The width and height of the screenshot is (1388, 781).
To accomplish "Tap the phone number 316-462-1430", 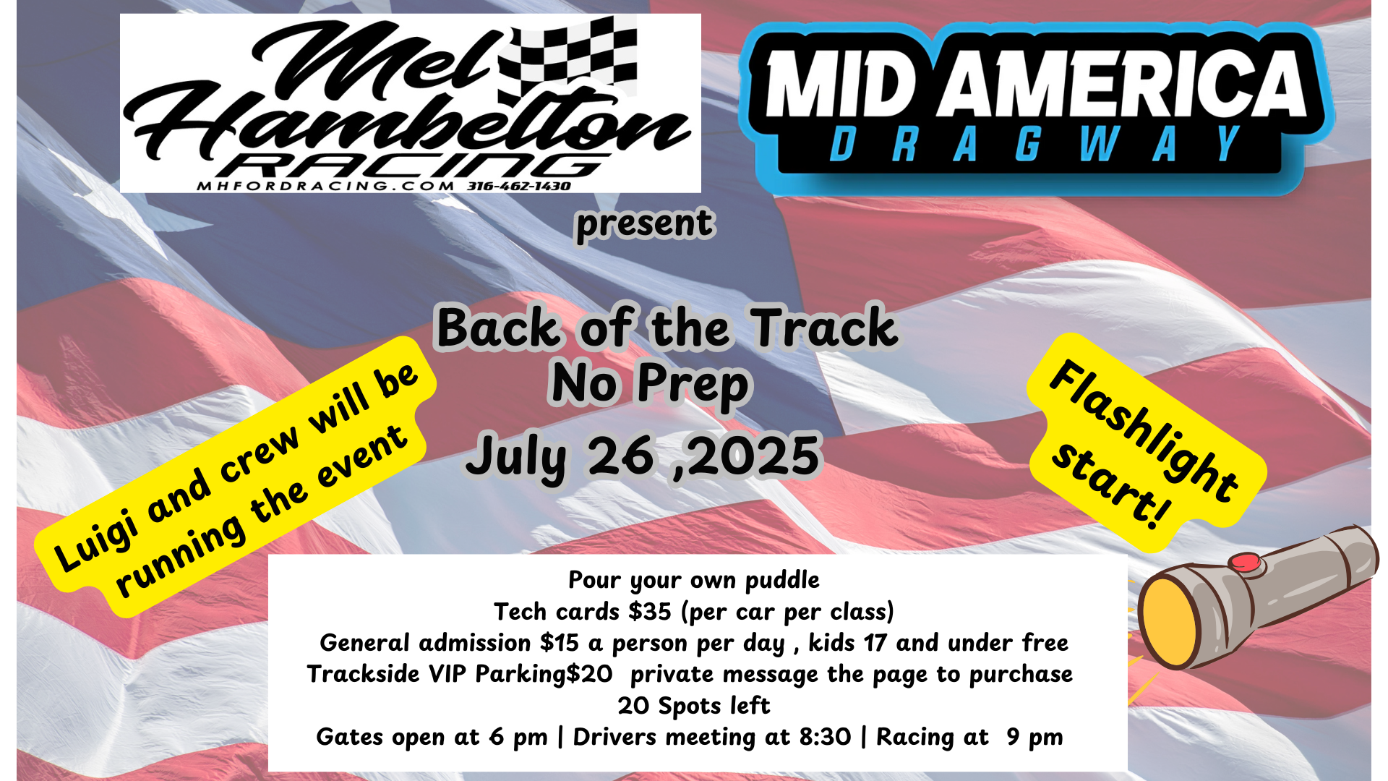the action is coord(518,187).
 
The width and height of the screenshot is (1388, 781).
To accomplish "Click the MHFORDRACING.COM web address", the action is coord(326,187).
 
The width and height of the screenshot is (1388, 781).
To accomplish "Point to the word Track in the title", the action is coord(824,328).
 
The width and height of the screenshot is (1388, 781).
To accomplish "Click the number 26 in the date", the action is coord(621,456).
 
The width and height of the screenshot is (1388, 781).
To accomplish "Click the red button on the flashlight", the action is coord(1245,562).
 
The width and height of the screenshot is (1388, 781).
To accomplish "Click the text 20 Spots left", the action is coord(694,706).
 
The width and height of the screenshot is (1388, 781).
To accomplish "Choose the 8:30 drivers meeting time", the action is coord(825,737).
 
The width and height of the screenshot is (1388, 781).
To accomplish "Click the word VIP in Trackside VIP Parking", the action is coord(447,674).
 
